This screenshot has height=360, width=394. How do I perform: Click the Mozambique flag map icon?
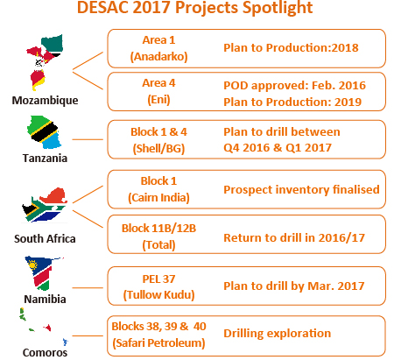tap(46, 62)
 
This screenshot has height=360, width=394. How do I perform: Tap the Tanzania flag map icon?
tap(44, 132)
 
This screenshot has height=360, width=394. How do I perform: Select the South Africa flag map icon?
tap(45, 205)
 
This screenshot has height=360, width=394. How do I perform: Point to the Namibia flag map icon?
tap(43, 273)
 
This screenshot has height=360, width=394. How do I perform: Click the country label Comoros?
tap(45, 352)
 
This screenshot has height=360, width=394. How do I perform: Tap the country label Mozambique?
tap(45, 100)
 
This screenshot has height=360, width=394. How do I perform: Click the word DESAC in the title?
tap(102, 7)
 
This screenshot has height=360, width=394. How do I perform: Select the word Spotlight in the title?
tap(278, 8)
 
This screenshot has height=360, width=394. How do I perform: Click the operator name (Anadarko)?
tap(158, 56)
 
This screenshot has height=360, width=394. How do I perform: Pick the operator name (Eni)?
tap(158, 100)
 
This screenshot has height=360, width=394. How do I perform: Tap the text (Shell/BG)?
tap(158, 148)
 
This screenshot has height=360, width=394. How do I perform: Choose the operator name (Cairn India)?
tap(158, 197)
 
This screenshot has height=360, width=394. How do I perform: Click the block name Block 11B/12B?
tap(158, 228)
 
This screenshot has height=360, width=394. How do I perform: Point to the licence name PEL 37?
tap(158, 279)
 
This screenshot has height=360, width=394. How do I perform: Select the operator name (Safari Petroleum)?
tap(158, 342)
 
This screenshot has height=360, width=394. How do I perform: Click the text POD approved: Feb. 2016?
tap(294, 85)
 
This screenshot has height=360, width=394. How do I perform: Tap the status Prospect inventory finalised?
tap(301, 189)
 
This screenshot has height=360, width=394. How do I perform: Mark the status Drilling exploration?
tap(278, 333)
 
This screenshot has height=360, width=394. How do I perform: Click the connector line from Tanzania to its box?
tap(88, 139)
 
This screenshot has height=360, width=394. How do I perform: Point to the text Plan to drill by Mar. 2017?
tap(294, 286)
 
